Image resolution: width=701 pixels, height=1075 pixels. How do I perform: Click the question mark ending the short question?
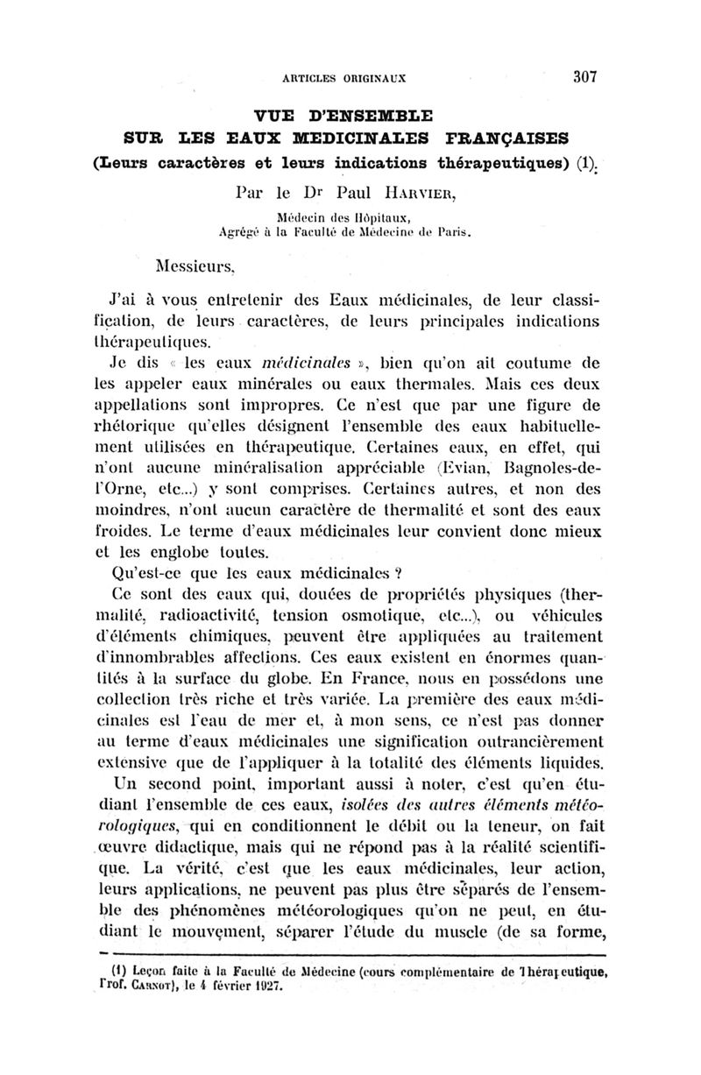point(397,574)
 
